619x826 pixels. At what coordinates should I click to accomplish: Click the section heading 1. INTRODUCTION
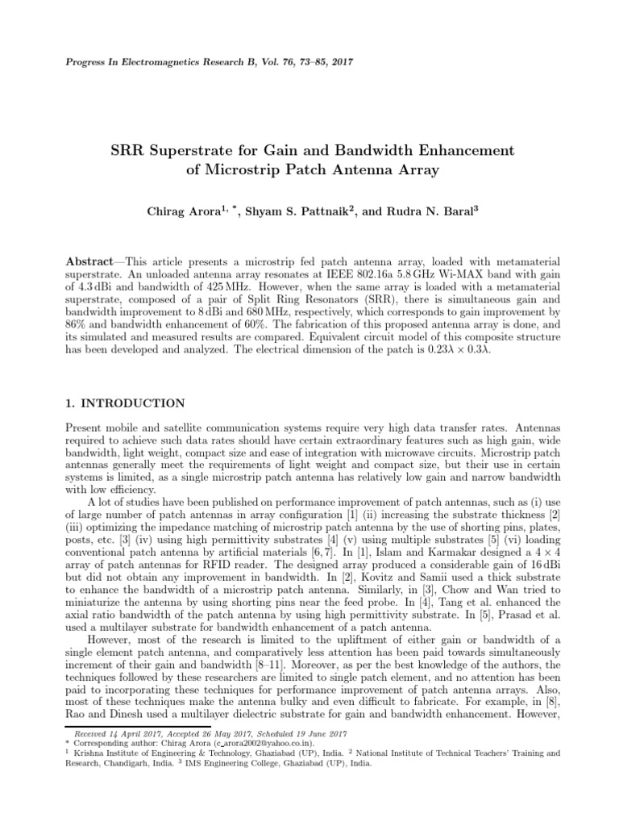point(125,403)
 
